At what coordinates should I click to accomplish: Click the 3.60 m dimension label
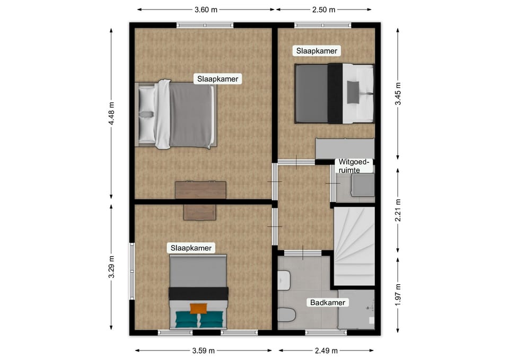tap(206, 10)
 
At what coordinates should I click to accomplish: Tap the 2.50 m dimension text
tap(323, 10)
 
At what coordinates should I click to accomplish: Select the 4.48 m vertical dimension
tap(111, 113)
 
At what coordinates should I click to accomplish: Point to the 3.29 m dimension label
tap(111, 267)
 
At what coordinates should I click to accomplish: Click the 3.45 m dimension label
tap(398, 93)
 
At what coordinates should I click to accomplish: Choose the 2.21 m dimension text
tap(398, 210)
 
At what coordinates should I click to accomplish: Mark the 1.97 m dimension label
tap(398, 294)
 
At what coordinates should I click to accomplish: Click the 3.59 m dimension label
tap(204, 350)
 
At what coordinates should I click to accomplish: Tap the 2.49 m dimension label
tap(326, 350)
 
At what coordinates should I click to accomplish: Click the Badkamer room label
tap(328, 303)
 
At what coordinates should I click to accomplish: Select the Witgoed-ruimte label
tap(354, 166)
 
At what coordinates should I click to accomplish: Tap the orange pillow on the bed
tap(198, 309)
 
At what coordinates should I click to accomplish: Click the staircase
tap(354, 247)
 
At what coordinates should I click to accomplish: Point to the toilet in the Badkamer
tap(286, 314)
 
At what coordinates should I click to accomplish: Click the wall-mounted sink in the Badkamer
tap(284, 280)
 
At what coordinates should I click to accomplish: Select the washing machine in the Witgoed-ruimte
tap(363, 185)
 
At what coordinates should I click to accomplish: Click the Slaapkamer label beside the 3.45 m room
tap(317, 51)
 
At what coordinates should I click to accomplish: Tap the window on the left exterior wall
tap(132, 271)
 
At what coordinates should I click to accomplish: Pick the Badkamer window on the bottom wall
tap(326, 332)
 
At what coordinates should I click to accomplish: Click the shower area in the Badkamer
tap(356, 309)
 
